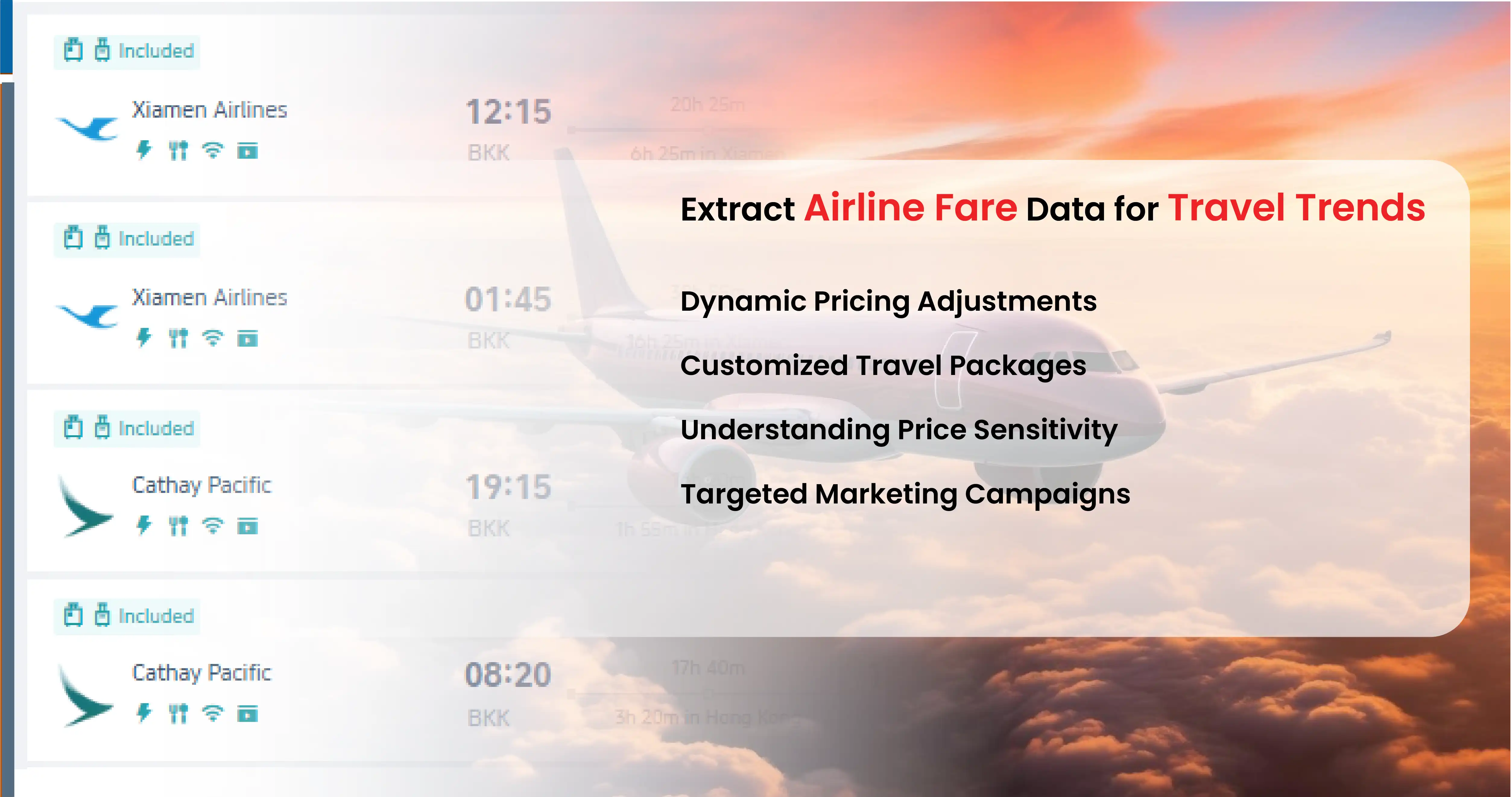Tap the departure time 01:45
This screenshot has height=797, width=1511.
tap(508, 299)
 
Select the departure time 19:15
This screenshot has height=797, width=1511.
tap(508, 487)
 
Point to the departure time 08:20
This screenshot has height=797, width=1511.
tap(508, 675)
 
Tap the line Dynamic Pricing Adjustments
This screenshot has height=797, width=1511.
tap(888, 302)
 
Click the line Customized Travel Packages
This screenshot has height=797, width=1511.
tap(883, 366)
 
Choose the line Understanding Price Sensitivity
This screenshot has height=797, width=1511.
tap(899, 430)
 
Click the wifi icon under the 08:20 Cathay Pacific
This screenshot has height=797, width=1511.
tap(212, 714)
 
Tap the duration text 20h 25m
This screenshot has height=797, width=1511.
tap(707, 104)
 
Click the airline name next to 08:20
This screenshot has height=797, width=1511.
tap(202, 673)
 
